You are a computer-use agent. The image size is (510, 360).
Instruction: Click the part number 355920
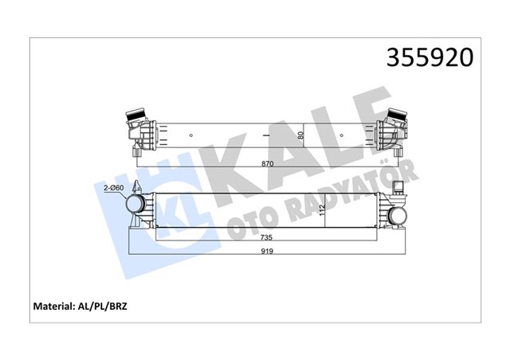tap(430, 57)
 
